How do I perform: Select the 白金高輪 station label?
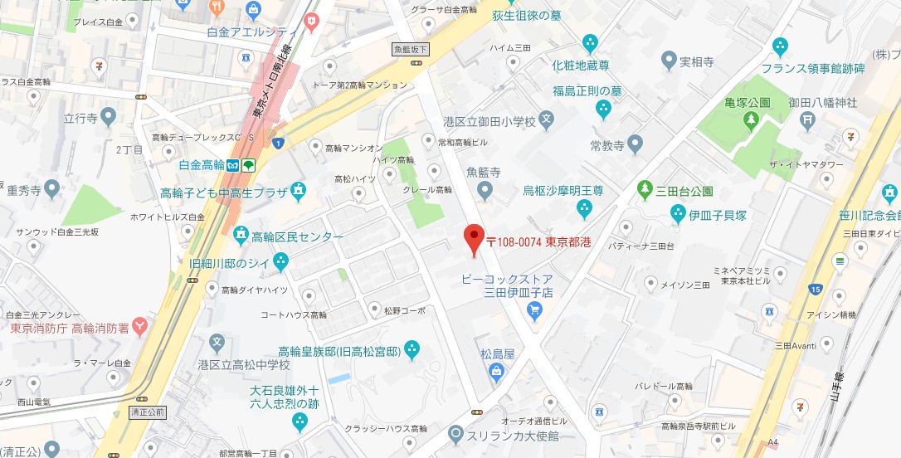[x=202, y=164]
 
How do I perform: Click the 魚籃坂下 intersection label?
[x=410, y=50]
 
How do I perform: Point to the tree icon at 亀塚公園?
[x=751, y=121]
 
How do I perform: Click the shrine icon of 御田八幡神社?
[x=807, y=119]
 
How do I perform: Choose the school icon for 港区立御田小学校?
[x=546, y=121]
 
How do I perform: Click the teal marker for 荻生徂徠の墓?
[x=590, y=42]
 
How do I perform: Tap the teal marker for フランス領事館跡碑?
[x=779, y=46]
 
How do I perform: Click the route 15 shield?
[x=816, y=289]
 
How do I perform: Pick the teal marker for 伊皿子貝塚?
[x=679, y=214]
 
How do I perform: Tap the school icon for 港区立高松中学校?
[x=217, y=342]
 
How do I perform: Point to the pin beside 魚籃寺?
[x=485, y=191]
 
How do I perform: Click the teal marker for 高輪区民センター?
[x=241, y=236]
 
